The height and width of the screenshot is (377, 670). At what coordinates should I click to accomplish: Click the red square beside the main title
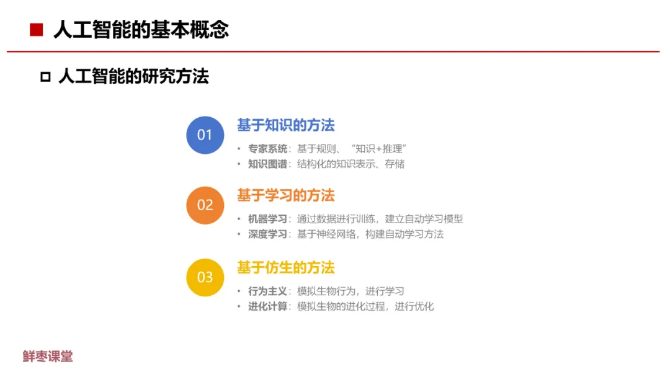pyautogui.click(x=37, y=30)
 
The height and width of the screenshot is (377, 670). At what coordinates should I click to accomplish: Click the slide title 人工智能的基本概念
pyautogui.click(x=141, y=30)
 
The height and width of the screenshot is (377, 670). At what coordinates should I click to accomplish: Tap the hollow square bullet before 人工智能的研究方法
pyautogui.click(x=45, y=77)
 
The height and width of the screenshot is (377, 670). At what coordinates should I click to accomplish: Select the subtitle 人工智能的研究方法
pyautogui.click(x=133, y=77)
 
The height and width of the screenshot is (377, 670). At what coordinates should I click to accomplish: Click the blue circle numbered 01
pyautogui.click(x=205, y=135)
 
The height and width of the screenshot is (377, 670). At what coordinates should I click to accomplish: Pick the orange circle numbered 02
pyautogui.click(x=205, y=205)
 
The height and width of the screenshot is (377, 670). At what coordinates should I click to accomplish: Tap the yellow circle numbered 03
pyautogui.click(x=205, y=278)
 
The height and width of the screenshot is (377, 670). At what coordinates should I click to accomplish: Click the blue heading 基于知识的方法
pyautogui.click(x=286, y=125)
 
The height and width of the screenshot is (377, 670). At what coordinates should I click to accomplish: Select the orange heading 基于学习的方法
pyautogui.click(x=286, y=195)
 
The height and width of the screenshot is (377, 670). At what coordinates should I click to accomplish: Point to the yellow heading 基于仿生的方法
pyautogui.click(x=286, y=268)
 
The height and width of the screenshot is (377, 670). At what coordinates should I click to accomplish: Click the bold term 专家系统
pyautogui.click(x=267, y=149)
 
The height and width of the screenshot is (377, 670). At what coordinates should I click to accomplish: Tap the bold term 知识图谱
pyautogui.click(x=267, y=164)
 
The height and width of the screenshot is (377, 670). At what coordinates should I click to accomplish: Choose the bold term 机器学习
pyautogui.click(x=267, y=219)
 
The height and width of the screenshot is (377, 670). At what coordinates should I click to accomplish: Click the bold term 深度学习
pyautogui.click(x=267, y=234)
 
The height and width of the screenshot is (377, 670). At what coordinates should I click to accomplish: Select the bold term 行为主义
pyautogui.click(x=267, y=291)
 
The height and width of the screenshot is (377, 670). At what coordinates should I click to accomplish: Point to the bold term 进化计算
pyautogui.click(x=267, y=306)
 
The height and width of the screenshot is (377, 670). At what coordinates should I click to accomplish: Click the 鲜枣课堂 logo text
pyautogui.click(x=48, y=357)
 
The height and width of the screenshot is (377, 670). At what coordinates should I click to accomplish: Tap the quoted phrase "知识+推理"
pyautogui.click(x=378, y=149)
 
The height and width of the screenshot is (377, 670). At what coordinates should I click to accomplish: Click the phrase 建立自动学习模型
pyautogui.click(x=424, y=219)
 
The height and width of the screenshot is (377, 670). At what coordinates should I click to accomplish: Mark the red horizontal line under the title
pyautogui.click(x=333, y=51)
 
